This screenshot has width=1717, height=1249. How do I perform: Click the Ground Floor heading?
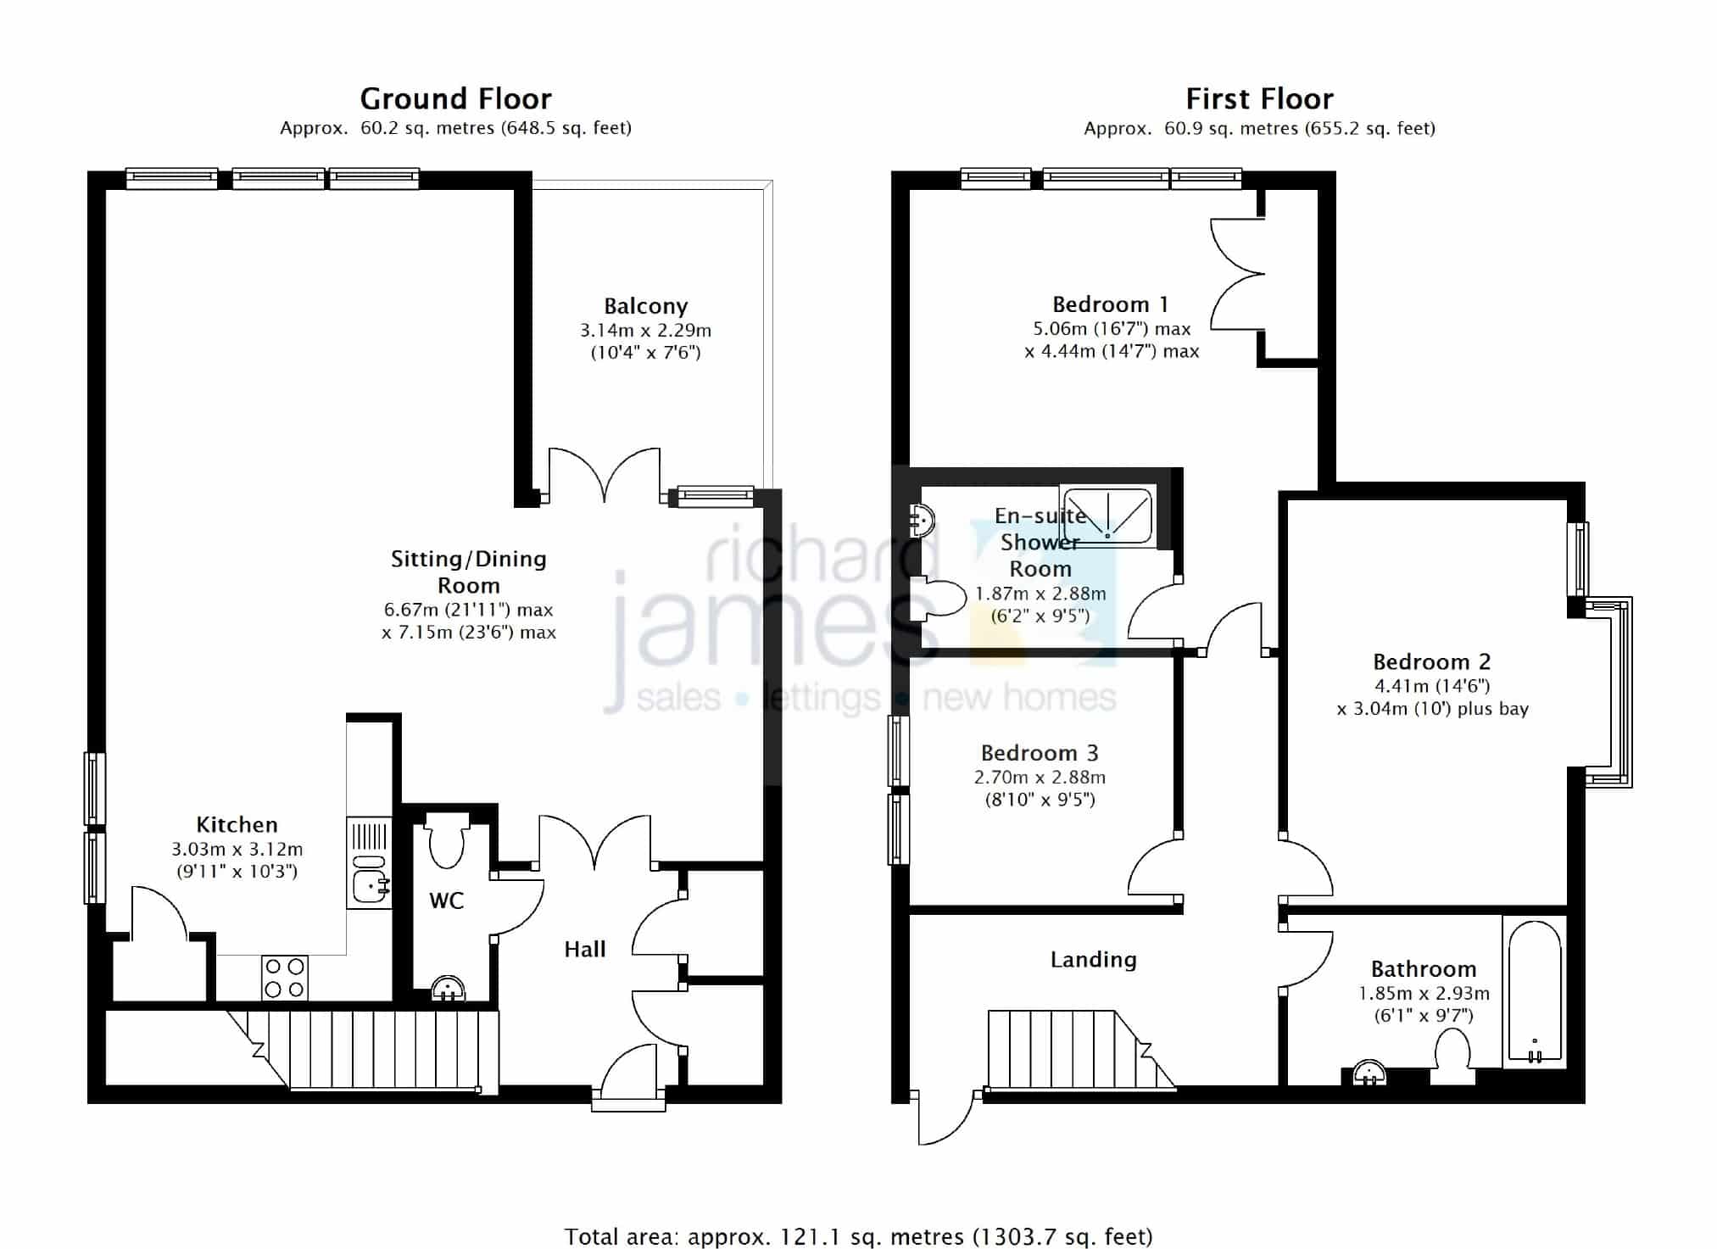click(x=456, y=99)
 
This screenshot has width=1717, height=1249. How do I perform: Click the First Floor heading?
click(x=1259, y=99)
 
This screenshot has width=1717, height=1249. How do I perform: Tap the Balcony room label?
click(x=645, y=306)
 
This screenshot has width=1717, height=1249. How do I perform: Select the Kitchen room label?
click(x=237, y=824)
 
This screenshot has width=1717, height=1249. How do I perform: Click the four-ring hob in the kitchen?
click(x=285, y=978)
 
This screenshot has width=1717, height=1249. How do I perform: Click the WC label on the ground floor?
click(x=446, y=901)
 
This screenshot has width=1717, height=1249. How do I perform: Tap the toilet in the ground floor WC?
click(x=446, y=839)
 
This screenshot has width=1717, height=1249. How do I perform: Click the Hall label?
click(x=585, y=949)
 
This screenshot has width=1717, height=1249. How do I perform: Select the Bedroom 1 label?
click(x=1110, y=304)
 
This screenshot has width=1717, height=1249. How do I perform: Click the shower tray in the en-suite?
click(x=1107, y=514)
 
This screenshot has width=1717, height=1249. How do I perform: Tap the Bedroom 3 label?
click(x=1040, y=753)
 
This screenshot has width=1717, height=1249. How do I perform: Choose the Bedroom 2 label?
click(x=1431, y=661)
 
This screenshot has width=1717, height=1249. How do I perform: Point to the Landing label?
click(x=1093, y=960)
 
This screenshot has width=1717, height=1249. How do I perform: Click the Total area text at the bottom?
click(x=859, y=1236)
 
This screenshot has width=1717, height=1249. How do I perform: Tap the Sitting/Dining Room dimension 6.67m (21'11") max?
click(x=469, y=610)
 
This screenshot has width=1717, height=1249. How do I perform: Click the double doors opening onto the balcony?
click(x=605, y=475)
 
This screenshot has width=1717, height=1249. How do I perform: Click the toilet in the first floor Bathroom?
click(x=1452, y=1057)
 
